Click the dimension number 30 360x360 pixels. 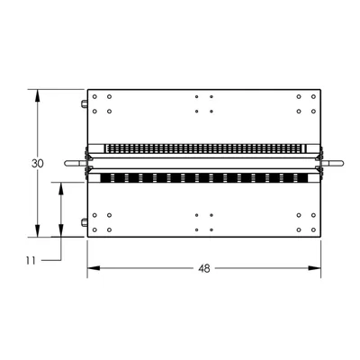tap(38, 164)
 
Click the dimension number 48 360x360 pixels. tap(204, 268)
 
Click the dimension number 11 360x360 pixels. tap(31, 261)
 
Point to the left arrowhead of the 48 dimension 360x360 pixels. tap(94, 268)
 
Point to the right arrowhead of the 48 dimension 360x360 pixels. tap(314, 268)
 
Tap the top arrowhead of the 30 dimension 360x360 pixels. tap(37, 96)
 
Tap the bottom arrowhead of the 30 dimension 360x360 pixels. tap(37, 230)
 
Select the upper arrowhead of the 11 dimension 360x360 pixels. tap(61, 189)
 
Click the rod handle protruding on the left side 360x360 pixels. tap(76, 163)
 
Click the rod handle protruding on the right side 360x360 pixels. tap(333, 163)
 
